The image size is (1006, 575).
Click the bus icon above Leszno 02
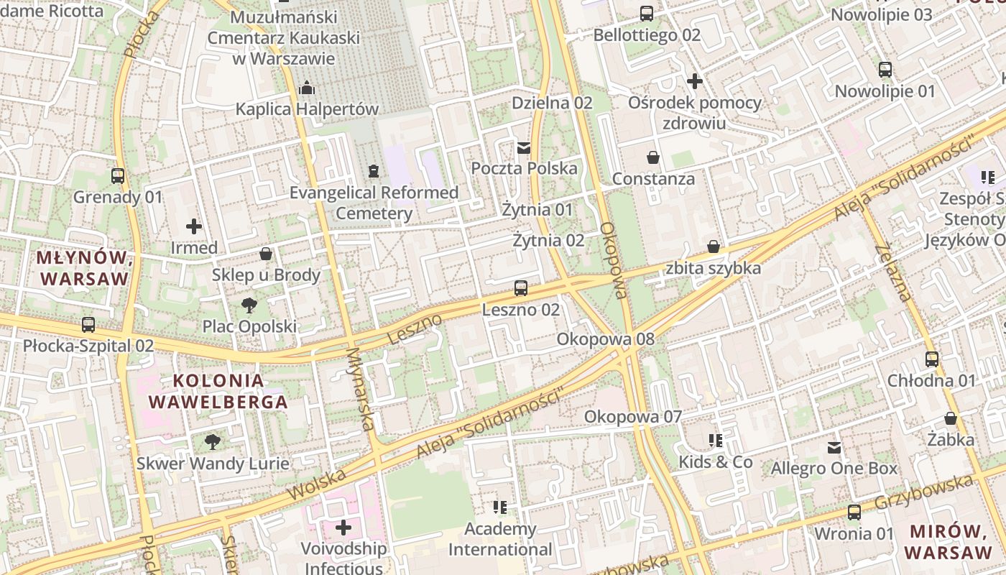pos(521,288)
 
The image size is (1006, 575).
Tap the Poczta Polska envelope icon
pos(524,148)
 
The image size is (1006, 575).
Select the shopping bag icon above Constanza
pos(653,157)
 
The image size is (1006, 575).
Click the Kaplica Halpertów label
pos(308,109)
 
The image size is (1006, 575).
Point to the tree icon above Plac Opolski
pos(249,305)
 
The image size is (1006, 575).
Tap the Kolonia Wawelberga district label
pos(218,391)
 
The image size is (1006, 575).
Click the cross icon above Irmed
pos(194,226)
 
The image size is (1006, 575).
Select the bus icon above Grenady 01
pos(118,175)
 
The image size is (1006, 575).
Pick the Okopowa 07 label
pos(632,416)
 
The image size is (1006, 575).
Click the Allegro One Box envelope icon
pos(834,448)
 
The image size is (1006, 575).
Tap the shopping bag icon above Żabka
pos(951,418)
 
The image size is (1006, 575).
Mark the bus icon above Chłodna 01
pos(932,359)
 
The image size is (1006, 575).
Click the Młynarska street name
pos(361,390)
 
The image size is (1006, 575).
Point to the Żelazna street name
pos(894,272)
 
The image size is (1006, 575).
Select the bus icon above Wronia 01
pos(854,512)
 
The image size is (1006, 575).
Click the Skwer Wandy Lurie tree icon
pos(213,442)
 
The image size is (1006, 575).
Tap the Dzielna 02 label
pos(552,103)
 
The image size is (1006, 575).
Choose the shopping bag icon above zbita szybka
pos(714,247)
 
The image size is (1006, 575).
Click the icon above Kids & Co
pos(716,440)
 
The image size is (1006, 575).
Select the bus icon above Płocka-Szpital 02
pos(88,325)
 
